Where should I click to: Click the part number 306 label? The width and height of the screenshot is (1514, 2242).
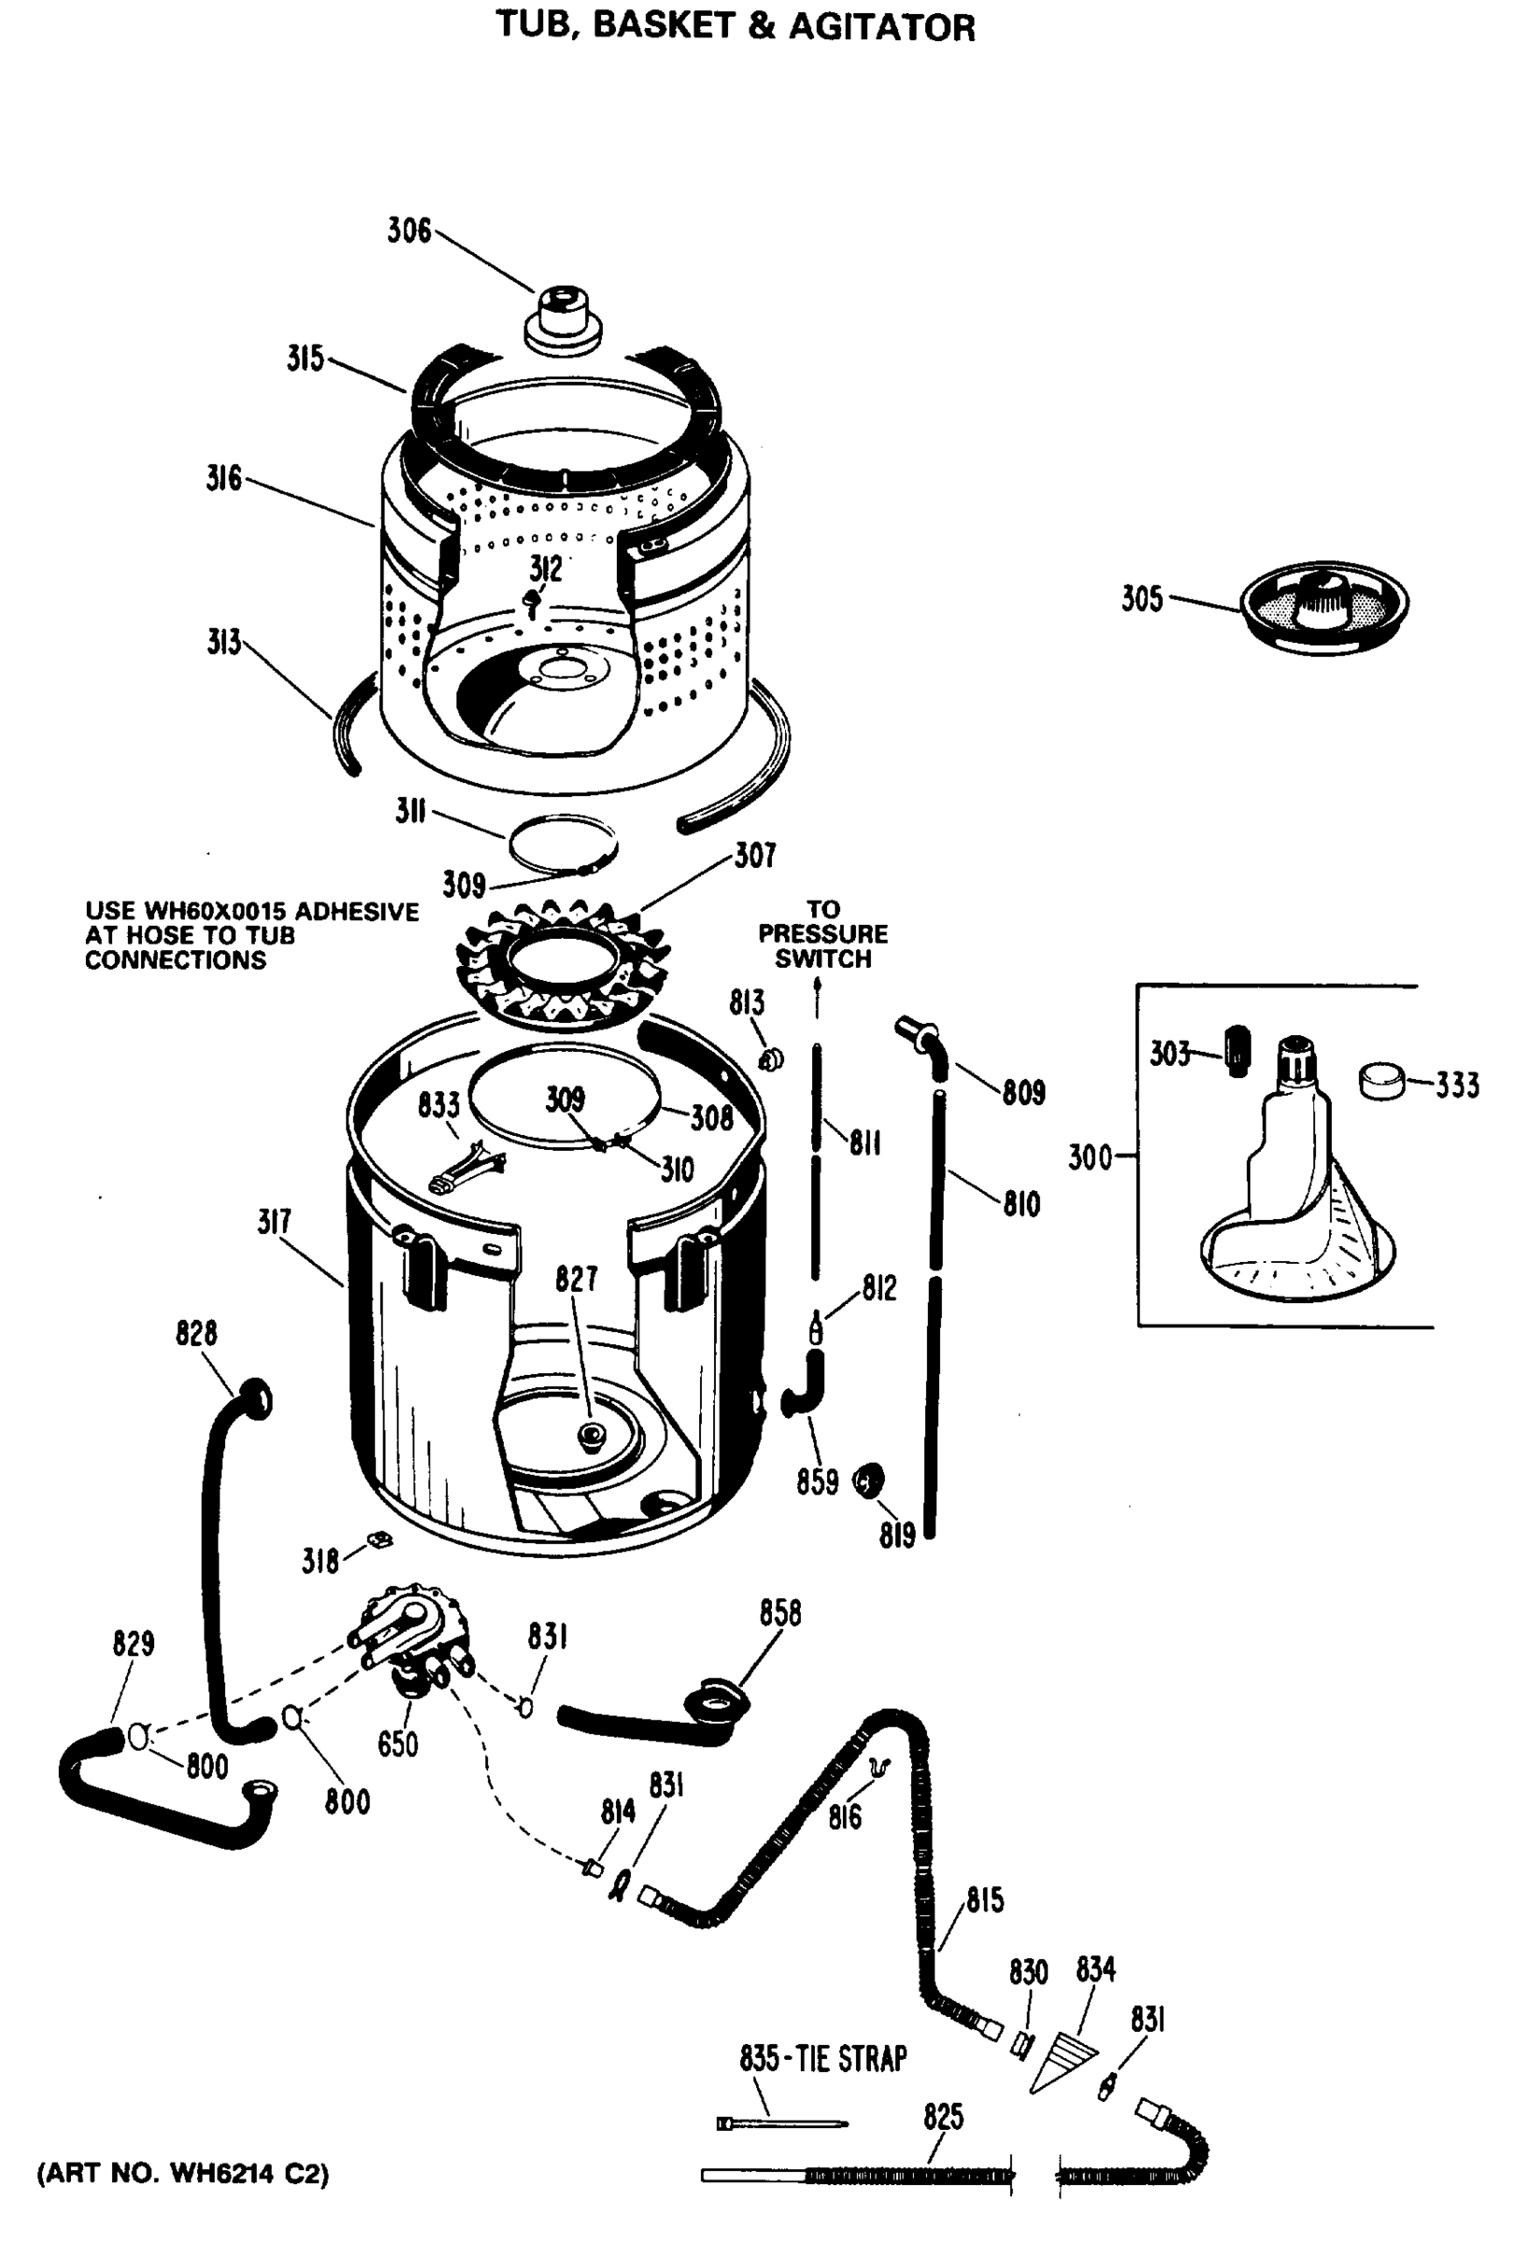pos(409,231)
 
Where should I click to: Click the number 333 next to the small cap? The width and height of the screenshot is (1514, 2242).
pos(1456,1086)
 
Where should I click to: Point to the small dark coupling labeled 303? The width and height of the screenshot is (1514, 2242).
pos(1237,1051)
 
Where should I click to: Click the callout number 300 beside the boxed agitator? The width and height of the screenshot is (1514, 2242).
pos(1090,1156)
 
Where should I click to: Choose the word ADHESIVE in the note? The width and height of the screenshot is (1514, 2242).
pos(356,912)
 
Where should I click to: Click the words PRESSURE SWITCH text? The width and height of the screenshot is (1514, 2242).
pos(822,946)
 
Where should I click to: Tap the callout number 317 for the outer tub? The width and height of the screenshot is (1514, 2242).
pos(274,1221)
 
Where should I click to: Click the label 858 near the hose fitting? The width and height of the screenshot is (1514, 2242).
pos(779,1612)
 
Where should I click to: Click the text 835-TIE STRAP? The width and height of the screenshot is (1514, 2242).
pos(822,2059)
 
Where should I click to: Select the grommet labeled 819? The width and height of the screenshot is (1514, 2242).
pos(869,1479)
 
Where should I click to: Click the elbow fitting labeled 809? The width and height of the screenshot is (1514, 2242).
pos(921,1040)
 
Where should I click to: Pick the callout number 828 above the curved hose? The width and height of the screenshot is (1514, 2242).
pos(196,1333)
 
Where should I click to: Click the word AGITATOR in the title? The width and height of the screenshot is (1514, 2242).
pos(881,27)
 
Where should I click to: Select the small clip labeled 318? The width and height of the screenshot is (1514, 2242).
pos(379,1538)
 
